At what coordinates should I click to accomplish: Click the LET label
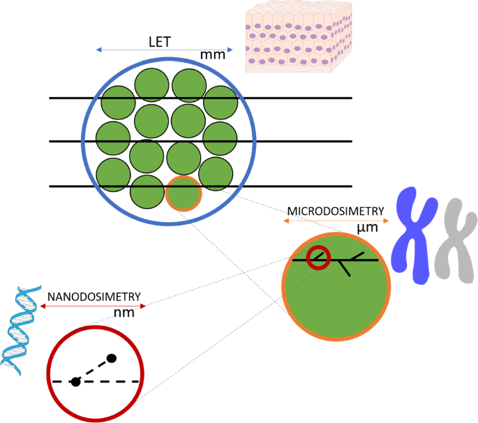coord(159,41)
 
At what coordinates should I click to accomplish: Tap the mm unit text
coord(213,54)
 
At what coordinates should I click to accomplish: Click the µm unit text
coord(367,228)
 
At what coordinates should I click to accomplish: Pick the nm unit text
coord(124,312)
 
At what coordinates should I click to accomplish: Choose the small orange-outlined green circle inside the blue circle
coord(184,193)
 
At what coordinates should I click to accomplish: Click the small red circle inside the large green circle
coord(318,258)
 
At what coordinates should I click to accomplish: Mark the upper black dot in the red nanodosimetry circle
coord(111,359)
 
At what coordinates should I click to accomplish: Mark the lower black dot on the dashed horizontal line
coord(76,381)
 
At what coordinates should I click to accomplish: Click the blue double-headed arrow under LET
coord(164,50)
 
